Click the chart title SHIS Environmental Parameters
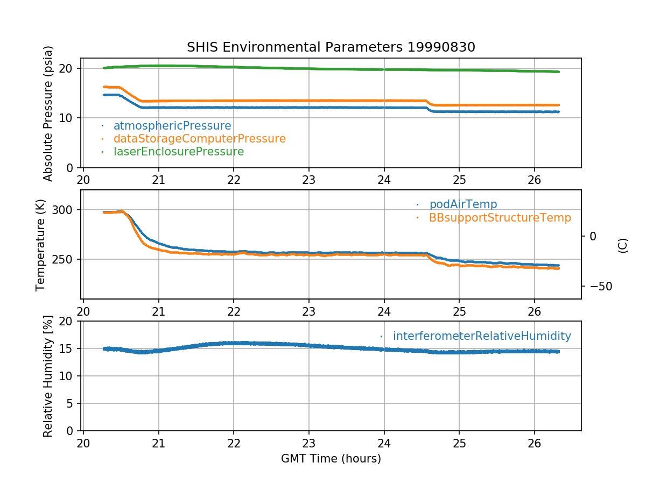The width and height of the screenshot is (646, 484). click(x=331, y=47)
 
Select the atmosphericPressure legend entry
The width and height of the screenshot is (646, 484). click(x=172, y=126)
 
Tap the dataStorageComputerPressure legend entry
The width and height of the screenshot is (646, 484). click(x=199, y=139)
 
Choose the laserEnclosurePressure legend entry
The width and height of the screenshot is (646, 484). click(x=178, y=152)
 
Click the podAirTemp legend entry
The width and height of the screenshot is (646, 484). click(x=463, y=204)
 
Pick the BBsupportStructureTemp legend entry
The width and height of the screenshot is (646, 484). click(x=500, y=218)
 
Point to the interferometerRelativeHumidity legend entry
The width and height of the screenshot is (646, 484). click(x=481, y=336)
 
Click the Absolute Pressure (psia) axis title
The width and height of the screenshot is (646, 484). click(x=48, y=113)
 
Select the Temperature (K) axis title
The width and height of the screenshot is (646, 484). click(x=41, y=245)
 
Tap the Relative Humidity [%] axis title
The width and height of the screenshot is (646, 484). click(x=48, y=376)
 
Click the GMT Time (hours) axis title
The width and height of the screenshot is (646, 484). click(x=331, y=459)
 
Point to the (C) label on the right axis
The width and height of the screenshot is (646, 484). click(x=623, y=245)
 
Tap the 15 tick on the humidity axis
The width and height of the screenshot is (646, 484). click(x=70, y=348)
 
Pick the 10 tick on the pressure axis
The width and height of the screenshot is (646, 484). click(x=70, y=118)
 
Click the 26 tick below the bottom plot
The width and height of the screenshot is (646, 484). click(x=533, y=443)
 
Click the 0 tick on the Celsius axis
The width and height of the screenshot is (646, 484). click(x=593, y=236)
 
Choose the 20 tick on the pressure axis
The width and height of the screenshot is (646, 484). click(x=70, y=68)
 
